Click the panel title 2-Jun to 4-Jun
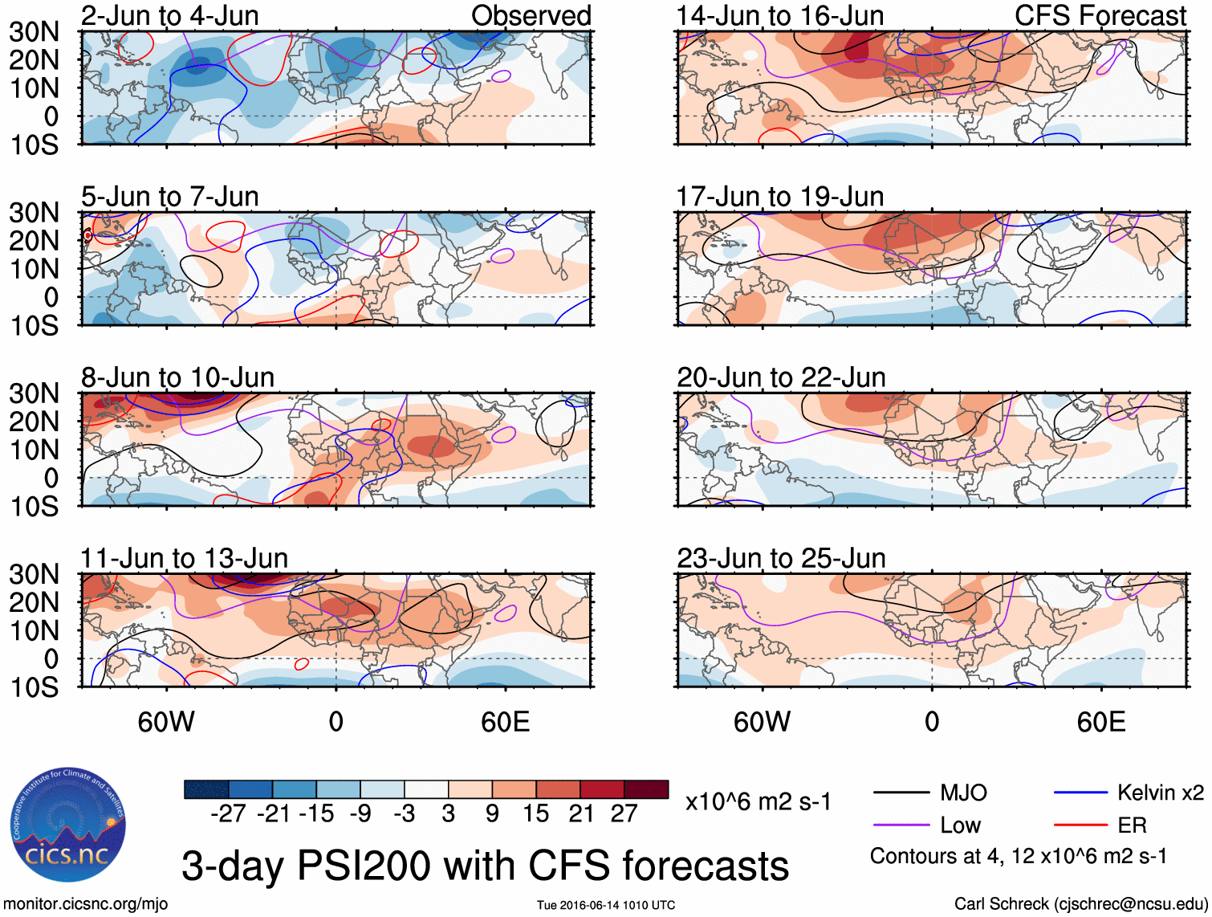pyautogui.click(x=169, y=15)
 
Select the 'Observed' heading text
pyautogui.click(x=531, y=15)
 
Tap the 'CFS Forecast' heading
pyautogui.click(x=1100, y=15)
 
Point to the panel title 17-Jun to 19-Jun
pyautogui.click(x=779, y=196)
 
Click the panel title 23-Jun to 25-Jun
pyautogui.click(x=781, y=558)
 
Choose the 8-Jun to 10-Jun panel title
pyautogui.click(x=177, y=377)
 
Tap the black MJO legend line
pyautogui.click(x=901, y=793)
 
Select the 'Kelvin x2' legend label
pyautogui.click(x=1160, y=793)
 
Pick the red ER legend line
pyautogui.click(x=1080, y=825)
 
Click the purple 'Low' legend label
pyautogui.click(x=960, y=825)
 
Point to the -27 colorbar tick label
pyautogui.click(x=228, y=813)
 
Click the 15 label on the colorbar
pyautogui.click(x=536, y=813)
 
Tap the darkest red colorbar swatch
pyautogui.click(x=646, y=789)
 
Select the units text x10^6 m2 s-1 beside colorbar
pyautogui.click(x=758, y=802)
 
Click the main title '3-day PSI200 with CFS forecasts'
pyautogui.click(x=485, y=866)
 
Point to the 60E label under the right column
pyautogui.click(x=1100, y=722)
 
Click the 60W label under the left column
pyautogui.click(x=166, y=722)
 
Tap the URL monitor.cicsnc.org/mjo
pyautogui.click(x=86, y=904)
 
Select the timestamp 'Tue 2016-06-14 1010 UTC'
pyautogui.click(x=606, y=906)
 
